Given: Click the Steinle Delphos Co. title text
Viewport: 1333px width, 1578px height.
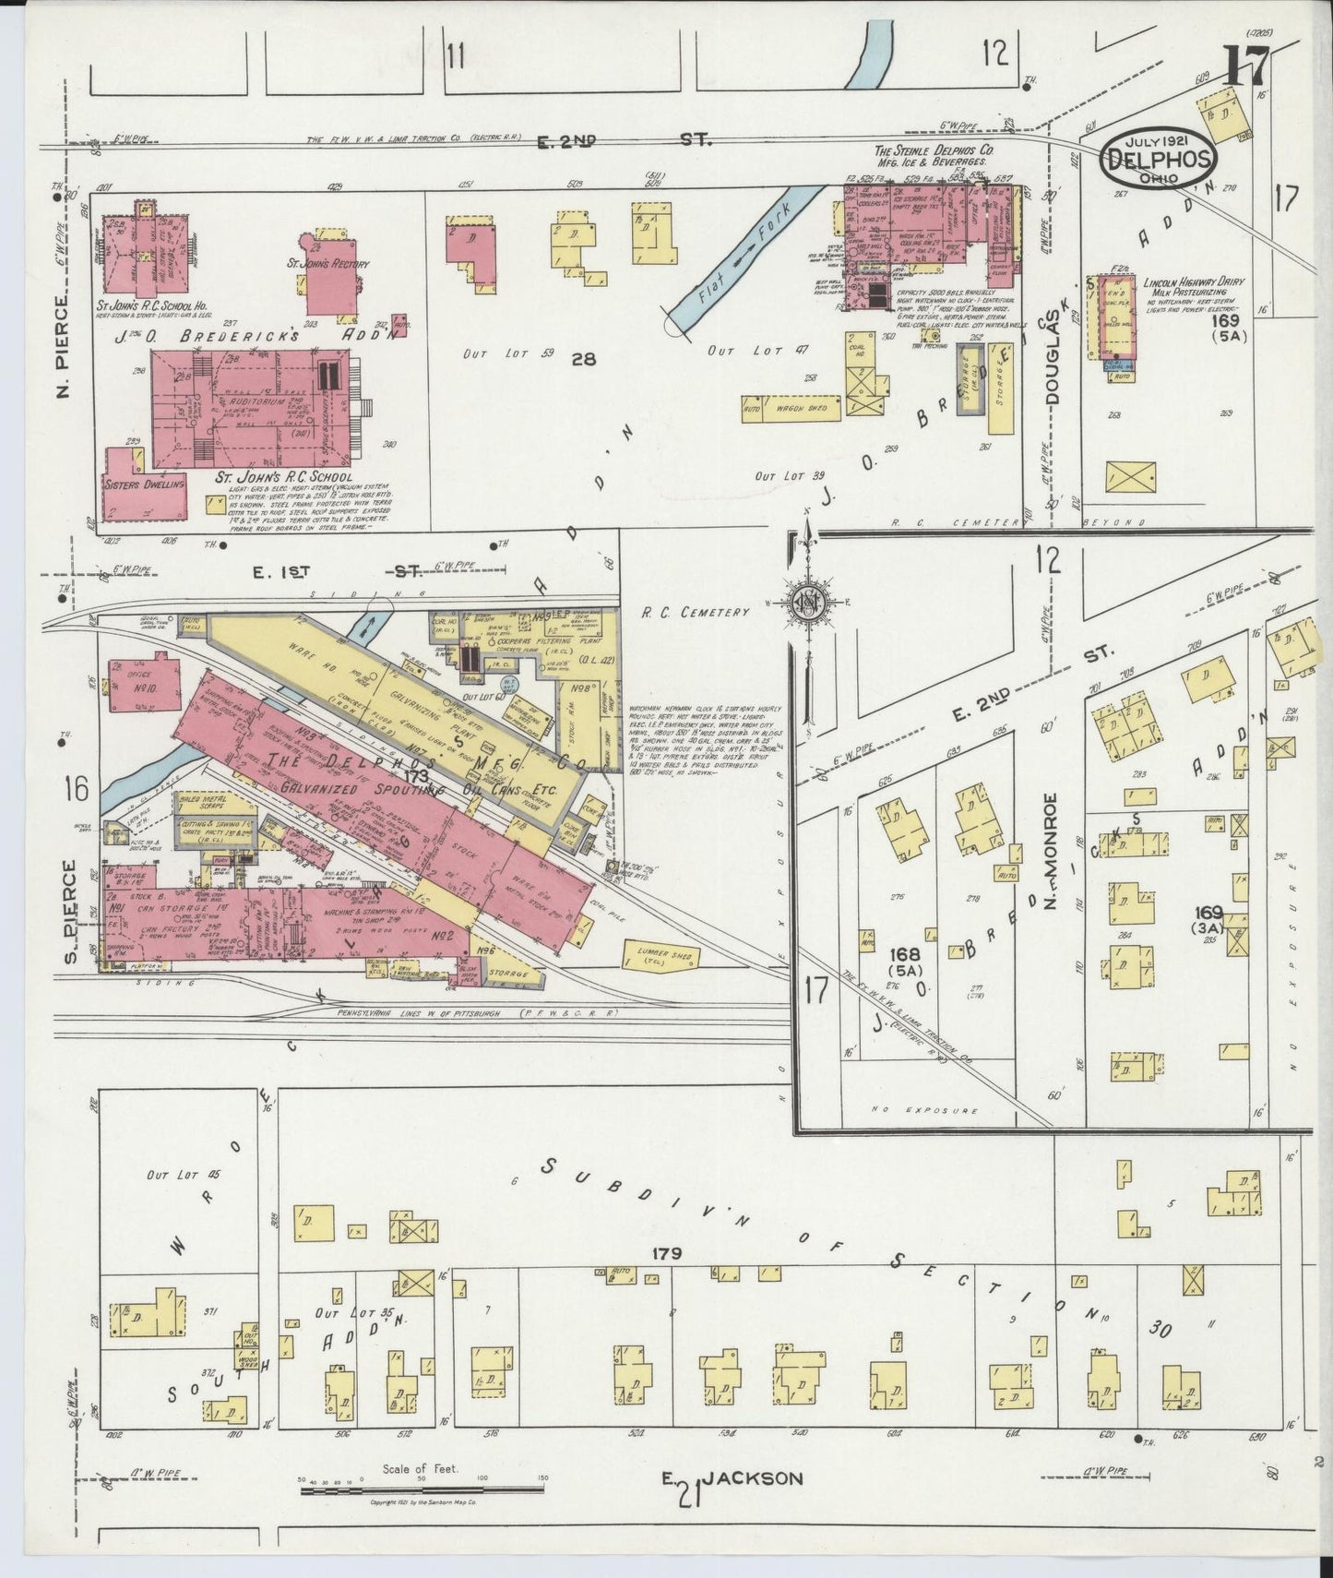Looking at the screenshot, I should [x=934, y=149].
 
